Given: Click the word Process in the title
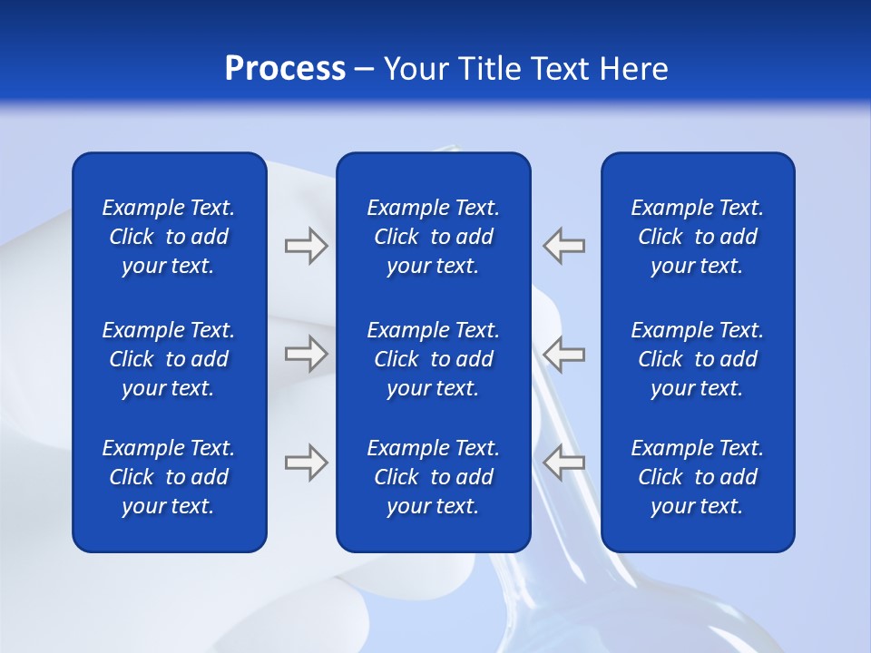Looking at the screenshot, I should coord(285,69).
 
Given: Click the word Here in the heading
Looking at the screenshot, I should coord(633,69).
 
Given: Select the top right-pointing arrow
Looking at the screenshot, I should coord(307,246).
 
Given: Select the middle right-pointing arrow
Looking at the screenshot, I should coord(307,354).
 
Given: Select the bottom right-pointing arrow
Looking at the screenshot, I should coord(307,463).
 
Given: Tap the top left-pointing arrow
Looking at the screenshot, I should coord(563,246).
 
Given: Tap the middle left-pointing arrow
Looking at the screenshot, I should coord(563,354).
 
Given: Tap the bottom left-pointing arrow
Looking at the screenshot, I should coord(563,463).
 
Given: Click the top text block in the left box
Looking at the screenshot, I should coord(169,237).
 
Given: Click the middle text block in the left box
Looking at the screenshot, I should coord(169,359).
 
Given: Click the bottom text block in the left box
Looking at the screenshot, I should coord(169,477).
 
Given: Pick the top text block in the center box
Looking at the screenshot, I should coord(433,237).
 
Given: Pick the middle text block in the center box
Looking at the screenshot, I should coord(433,359).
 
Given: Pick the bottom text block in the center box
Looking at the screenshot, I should coord(433,477).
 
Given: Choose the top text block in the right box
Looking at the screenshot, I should coord(697,237).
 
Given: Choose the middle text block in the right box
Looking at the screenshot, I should coord(697,359).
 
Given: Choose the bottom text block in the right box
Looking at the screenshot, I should coord(697,477).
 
